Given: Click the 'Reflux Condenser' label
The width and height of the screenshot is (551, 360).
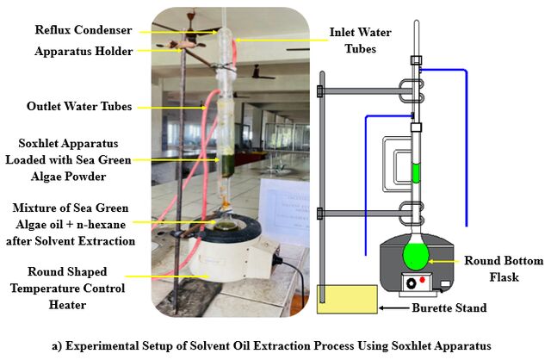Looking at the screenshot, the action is pos(84,30).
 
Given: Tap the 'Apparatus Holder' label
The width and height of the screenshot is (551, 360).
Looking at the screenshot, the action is pos(84,52).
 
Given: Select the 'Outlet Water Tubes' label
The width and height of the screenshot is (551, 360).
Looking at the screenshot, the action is pos(79,106).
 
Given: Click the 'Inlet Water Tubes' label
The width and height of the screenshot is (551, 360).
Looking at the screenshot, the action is pos(360,40).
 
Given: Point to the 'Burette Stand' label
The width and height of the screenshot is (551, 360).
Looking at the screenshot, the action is pos(449,308).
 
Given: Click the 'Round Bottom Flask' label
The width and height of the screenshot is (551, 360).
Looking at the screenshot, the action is pos(504,269).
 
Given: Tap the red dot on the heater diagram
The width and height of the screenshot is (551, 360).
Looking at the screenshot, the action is pos(422,280).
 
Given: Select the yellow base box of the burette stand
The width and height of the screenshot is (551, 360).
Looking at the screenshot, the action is pos(347,299).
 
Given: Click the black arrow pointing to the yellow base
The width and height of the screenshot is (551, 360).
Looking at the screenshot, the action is pos(394,308).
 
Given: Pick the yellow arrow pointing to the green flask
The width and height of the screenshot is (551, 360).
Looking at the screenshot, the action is pos(444,262).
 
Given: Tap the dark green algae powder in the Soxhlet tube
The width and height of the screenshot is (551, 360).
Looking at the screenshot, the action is pos(227,165).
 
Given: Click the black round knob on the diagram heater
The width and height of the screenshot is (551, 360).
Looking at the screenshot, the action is pos(411,283).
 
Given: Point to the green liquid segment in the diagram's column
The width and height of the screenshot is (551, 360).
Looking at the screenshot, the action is pos(416,173).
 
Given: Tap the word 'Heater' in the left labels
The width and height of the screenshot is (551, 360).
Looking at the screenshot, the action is pos(67,305).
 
